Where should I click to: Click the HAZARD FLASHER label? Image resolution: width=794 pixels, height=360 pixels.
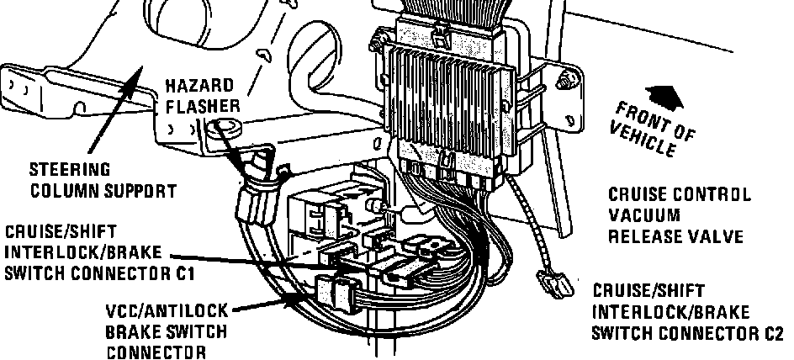coord(203,96)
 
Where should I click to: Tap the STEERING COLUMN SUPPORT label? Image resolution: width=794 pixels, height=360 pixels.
coord(103,180)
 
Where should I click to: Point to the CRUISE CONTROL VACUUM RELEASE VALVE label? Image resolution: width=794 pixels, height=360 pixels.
coord(679,215)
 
